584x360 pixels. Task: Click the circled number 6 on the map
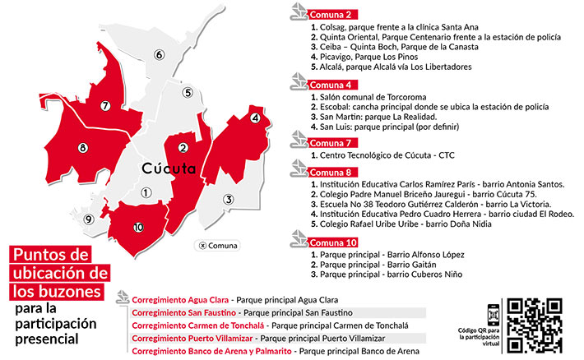[158, 56]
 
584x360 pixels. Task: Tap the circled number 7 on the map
[104, 106]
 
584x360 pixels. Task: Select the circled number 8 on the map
[82, 148]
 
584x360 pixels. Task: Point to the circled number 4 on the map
[256, 119]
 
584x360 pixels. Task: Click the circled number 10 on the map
[138, 226]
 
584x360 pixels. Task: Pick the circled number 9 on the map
[88, 219]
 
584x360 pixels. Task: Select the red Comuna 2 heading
[334, 14]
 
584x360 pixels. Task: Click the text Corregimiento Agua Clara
[180, 300]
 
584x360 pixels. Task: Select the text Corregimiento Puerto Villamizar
[192, 338]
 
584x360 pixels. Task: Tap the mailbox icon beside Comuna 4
[298, 84]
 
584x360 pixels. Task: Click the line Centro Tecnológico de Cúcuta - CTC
[382, 155]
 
